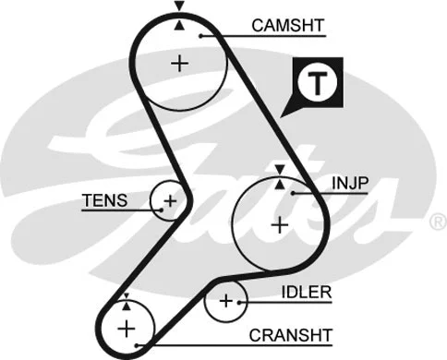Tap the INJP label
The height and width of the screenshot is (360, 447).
(350, 183)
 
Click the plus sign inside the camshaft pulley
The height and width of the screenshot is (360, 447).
(178, 63)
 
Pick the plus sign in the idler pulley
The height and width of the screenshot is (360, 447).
(226, 300)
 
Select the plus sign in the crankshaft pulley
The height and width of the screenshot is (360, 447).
(126, 328)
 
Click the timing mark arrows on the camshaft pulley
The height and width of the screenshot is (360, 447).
(179, 10)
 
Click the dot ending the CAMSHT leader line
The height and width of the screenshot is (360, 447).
(200, 35)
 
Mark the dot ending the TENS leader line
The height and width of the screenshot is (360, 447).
(161, 208)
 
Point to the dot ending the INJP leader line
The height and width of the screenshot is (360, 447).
(293, 192)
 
